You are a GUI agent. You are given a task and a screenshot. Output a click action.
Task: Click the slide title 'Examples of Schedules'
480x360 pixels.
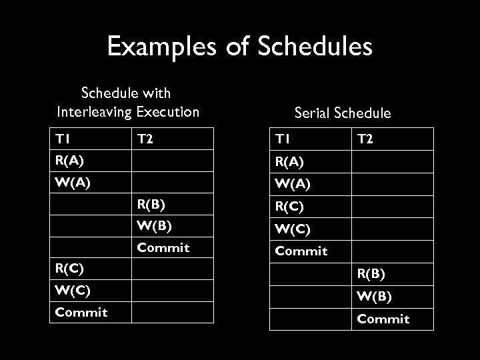click(x=239, y=47)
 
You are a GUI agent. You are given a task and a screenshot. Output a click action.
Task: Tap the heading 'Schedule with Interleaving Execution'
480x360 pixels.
click(x=128, y=103)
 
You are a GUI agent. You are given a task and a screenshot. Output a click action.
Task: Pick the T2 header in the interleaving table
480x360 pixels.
click(x=146, y=139)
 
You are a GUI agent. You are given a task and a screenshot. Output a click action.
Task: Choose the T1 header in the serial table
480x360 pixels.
click(x=283, y=139)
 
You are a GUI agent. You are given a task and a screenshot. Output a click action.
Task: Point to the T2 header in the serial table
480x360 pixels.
click(x=366, y=139)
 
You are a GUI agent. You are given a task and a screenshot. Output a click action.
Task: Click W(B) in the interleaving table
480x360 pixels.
click(x=153, y=225)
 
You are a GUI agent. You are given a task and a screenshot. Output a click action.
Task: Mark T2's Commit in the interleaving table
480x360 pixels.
click(x=163, y=247)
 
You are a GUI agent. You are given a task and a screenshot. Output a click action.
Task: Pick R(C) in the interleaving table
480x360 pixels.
click(x=69, y=269)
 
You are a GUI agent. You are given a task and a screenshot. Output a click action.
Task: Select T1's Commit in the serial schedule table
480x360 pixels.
click(x=301, y=251)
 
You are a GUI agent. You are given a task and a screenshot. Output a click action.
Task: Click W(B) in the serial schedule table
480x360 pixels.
click(x=374, y=296)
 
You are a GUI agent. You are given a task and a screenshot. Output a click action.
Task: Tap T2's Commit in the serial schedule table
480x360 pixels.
click(x=383, y=319)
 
